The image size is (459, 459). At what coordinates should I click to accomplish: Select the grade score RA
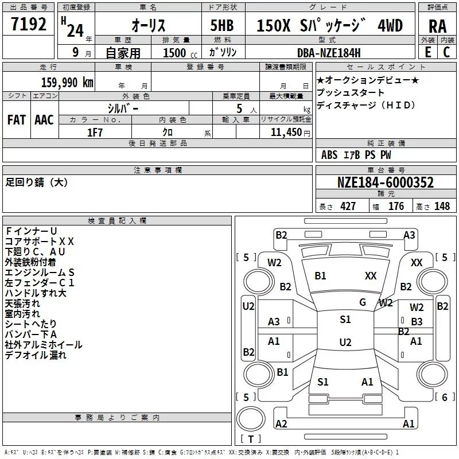pyautogui.click(x=437, y=26)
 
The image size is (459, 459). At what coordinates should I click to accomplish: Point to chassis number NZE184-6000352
pyautogui.click(x=385, y=183)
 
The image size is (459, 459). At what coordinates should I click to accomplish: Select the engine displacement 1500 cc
pyautogui.click(x=178, y=53)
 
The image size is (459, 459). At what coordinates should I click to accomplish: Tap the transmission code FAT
pyautogui.click(x=16, y=120)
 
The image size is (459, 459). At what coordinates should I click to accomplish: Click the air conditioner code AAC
pyautogui.click(x=44, y=120)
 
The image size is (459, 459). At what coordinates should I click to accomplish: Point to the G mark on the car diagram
pyautogui.click(x=363, y=302)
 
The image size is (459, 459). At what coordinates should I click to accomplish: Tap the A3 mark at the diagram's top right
pyautogui.click(x=409, y=235)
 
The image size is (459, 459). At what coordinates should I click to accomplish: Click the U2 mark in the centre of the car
pyautogui.click(x=345, y=343)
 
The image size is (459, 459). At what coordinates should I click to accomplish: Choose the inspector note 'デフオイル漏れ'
pyautogui.click(x=36, y=355)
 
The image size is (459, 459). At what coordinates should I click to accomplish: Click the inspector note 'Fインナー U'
pyautogui.click(x=31, y=231)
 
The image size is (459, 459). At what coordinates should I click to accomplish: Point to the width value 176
pyautogui.click(x=396, y=207)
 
